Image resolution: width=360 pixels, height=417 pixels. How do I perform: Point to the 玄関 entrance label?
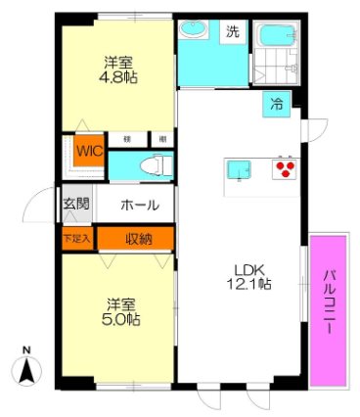point(76,205)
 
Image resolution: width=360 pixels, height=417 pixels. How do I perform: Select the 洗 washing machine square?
point(233,31)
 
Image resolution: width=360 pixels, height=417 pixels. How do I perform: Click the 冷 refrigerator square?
point(277,105)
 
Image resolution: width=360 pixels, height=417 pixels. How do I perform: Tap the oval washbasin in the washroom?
point(192,29)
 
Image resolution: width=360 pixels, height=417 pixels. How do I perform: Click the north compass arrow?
point(27,370)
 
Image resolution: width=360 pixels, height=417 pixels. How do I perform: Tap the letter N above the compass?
point(27,349)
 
